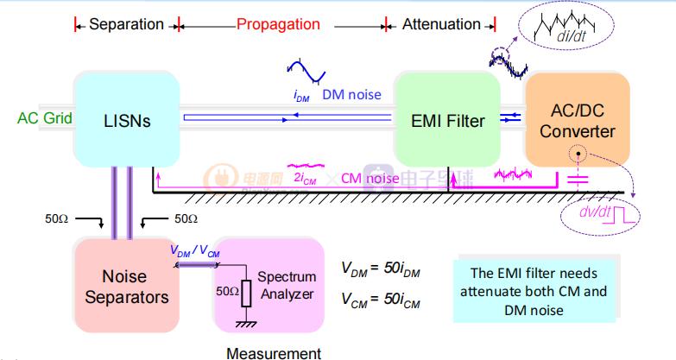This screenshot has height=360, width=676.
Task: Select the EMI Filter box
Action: [447, 120]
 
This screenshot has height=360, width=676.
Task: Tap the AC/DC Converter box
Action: [577, 120]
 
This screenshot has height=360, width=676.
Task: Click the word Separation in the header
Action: [126, 24]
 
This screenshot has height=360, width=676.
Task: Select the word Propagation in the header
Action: [279, 24]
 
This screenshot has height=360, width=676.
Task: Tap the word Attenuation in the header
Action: [441, 24]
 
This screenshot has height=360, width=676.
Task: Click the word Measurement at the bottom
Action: [273, 352]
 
